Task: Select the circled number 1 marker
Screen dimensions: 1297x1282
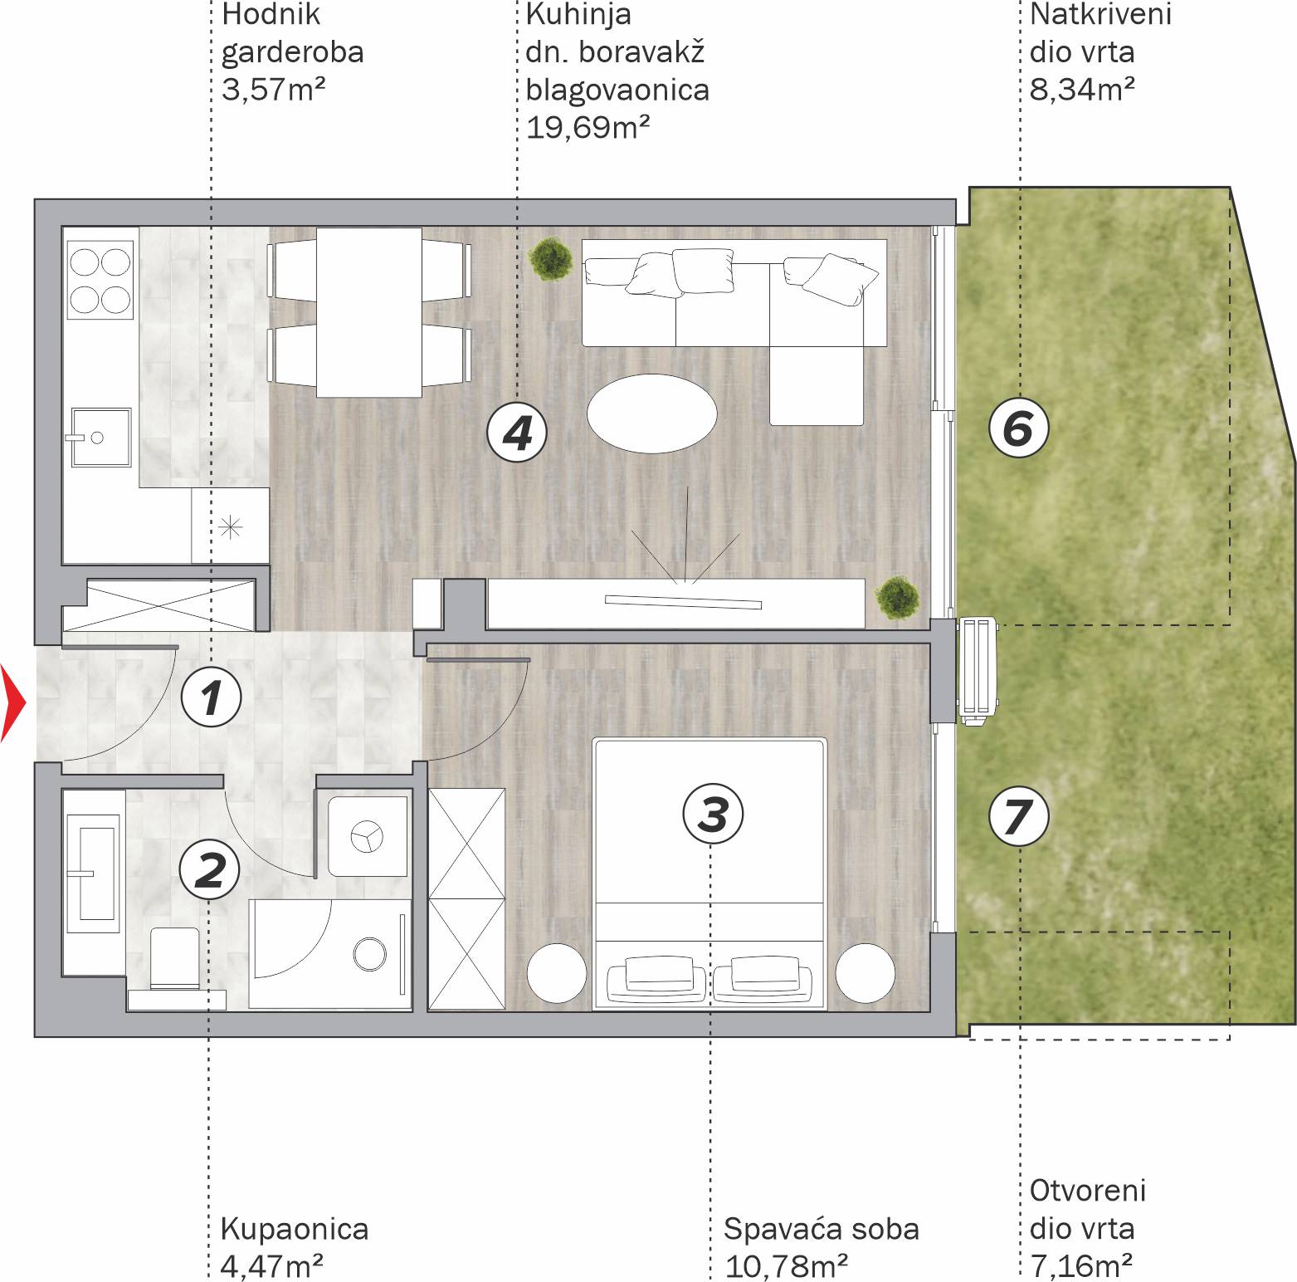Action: tap(212, 697)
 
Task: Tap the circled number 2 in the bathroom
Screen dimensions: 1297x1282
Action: tap(210, 869)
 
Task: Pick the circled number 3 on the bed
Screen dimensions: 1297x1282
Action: tap(713, 813)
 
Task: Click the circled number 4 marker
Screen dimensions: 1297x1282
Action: tap(517, 433)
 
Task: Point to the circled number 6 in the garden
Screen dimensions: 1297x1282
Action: tap(1019, 428)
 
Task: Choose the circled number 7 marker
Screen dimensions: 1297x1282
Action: tap(1019, 816)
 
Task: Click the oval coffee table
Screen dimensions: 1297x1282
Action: tap(651, 413)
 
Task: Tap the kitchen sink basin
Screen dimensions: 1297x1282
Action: tap(100, 437)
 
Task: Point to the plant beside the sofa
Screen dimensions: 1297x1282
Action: tap(550, 258)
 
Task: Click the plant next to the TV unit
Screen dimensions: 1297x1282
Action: tap(897, 598)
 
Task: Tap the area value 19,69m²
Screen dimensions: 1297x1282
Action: tap(588, 127)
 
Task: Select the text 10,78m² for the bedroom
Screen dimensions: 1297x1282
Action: tap(786, 1266)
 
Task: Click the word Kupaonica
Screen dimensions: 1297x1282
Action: tap(295, 1229)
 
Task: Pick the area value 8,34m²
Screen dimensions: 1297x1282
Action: tap(1082, 89)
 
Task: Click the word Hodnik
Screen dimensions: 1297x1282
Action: tap(271, 14)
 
